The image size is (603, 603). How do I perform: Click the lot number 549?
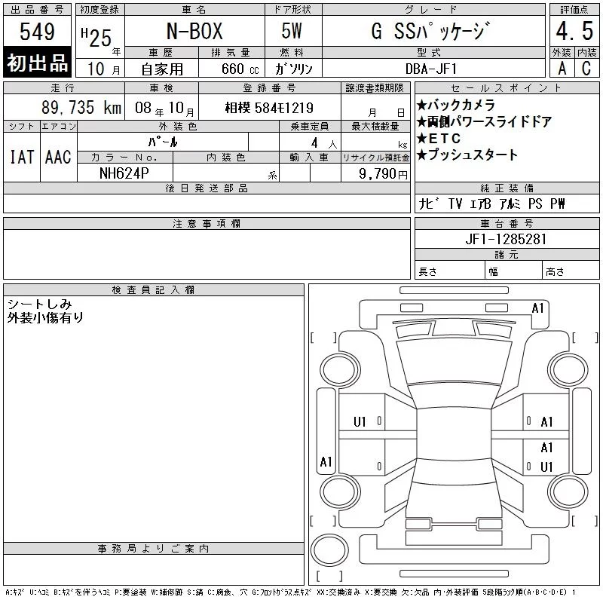point(37,32)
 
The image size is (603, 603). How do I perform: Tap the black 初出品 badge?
point(37,63)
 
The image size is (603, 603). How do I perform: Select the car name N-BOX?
point(194,31)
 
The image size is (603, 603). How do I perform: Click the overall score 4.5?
point(574,31)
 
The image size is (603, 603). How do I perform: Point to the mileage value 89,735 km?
point(81,107)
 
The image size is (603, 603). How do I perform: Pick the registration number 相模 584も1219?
point(269,108)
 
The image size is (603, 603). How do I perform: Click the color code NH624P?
point(124,173)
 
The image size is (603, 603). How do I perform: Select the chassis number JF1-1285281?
point(506,239)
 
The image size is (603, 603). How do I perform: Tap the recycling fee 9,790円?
point(383,174)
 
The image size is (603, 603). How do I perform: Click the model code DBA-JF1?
point(431,69)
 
